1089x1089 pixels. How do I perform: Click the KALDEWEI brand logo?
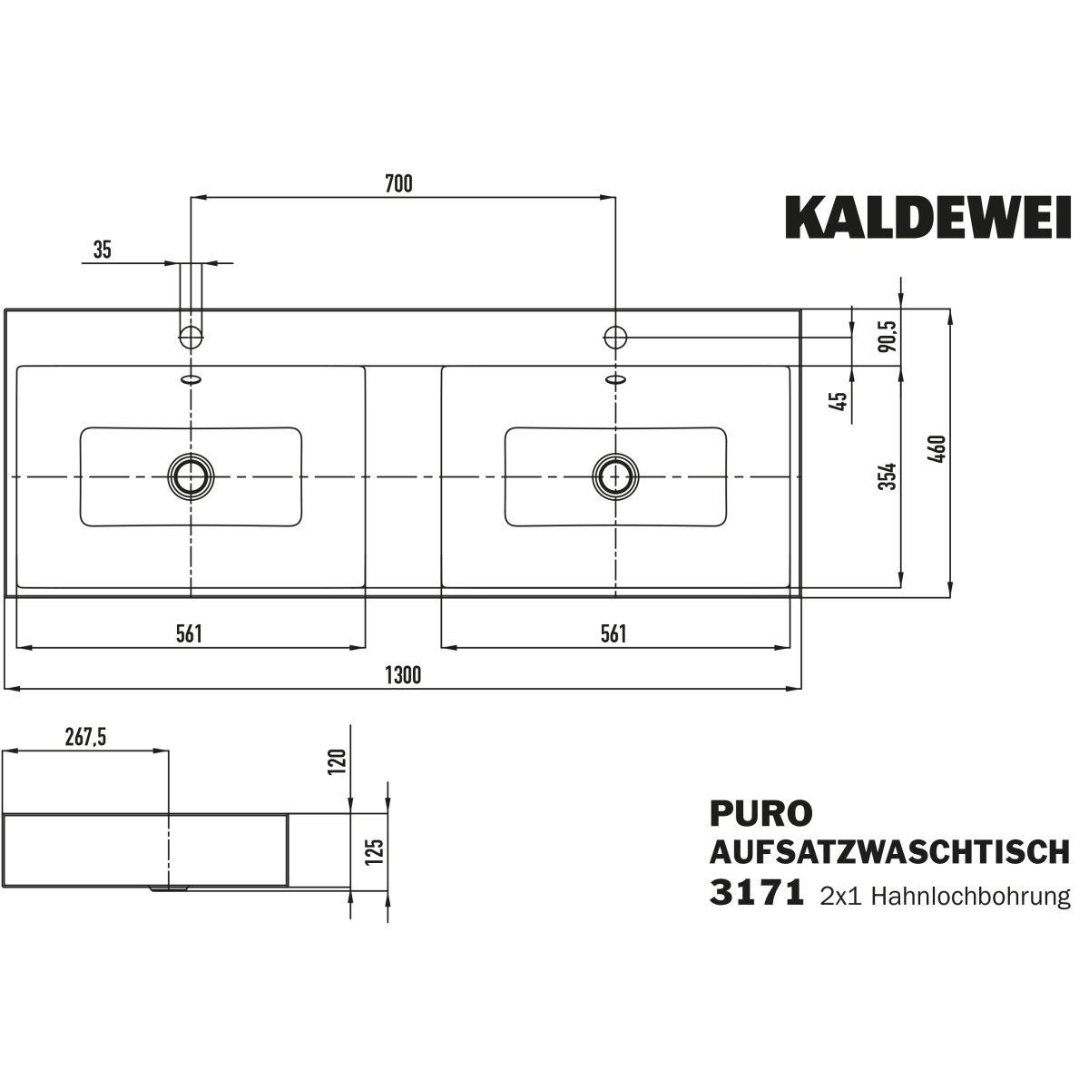coord(927,218)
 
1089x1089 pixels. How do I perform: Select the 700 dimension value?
coord(398,184)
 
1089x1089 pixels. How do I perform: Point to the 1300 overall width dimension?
coord(403,675)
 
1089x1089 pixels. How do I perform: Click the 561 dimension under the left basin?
coord(188,633)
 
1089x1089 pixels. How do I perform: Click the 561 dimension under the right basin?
coord(613,633)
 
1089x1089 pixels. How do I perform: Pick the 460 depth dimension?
coord(938,450)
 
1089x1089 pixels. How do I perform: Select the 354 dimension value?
coord(888,476)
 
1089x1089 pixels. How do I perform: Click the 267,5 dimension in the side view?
coord(86,738)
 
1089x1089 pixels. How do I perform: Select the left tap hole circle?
coord(191,337)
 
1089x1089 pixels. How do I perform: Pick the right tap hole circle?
coord(615,337)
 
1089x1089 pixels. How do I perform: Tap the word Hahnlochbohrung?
coord(971,897)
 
